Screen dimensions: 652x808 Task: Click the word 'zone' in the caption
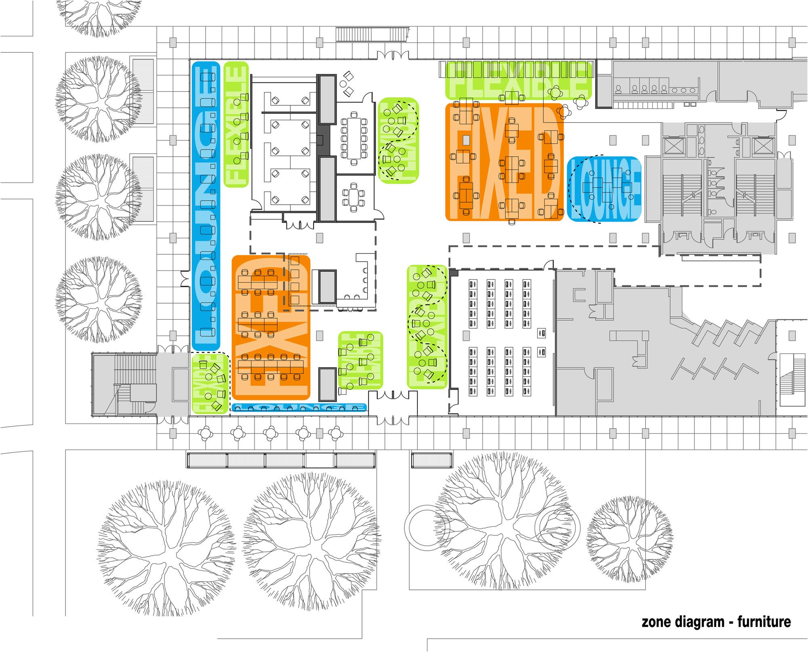pos(656,622)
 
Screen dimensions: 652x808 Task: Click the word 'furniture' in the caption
pos(764,622)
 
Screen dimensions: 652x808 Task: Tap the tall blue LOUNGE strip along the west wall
pos(206,206)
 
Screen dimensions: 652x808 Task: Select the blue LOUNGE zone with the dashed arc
pos(604,189)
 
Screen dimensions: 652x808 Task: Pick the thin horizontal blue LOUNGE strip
pos(299,408)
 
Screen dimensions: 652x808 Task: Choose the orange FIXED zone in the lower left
pos(271,327)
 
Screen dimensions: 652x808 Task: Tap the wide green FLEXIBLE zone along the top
pos(518,80)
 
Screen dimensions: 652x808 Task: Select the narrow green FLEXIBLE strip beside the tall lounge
pos(236,124)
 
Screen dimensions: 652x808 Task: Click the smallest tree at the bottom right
pos(629,539)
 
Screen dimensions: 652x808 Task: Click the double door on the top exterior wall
pos(393,55)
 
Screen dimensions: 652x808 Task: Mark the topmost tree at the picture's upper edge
pos(99,16)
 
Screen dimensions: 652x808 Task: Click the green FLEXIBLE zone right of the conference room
pos(398,140)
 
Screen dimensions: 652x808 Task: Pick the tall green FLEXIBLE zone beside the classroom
pos(427,327)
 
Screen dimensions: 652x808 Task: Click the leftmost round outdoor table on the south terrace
pos(205,434)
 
